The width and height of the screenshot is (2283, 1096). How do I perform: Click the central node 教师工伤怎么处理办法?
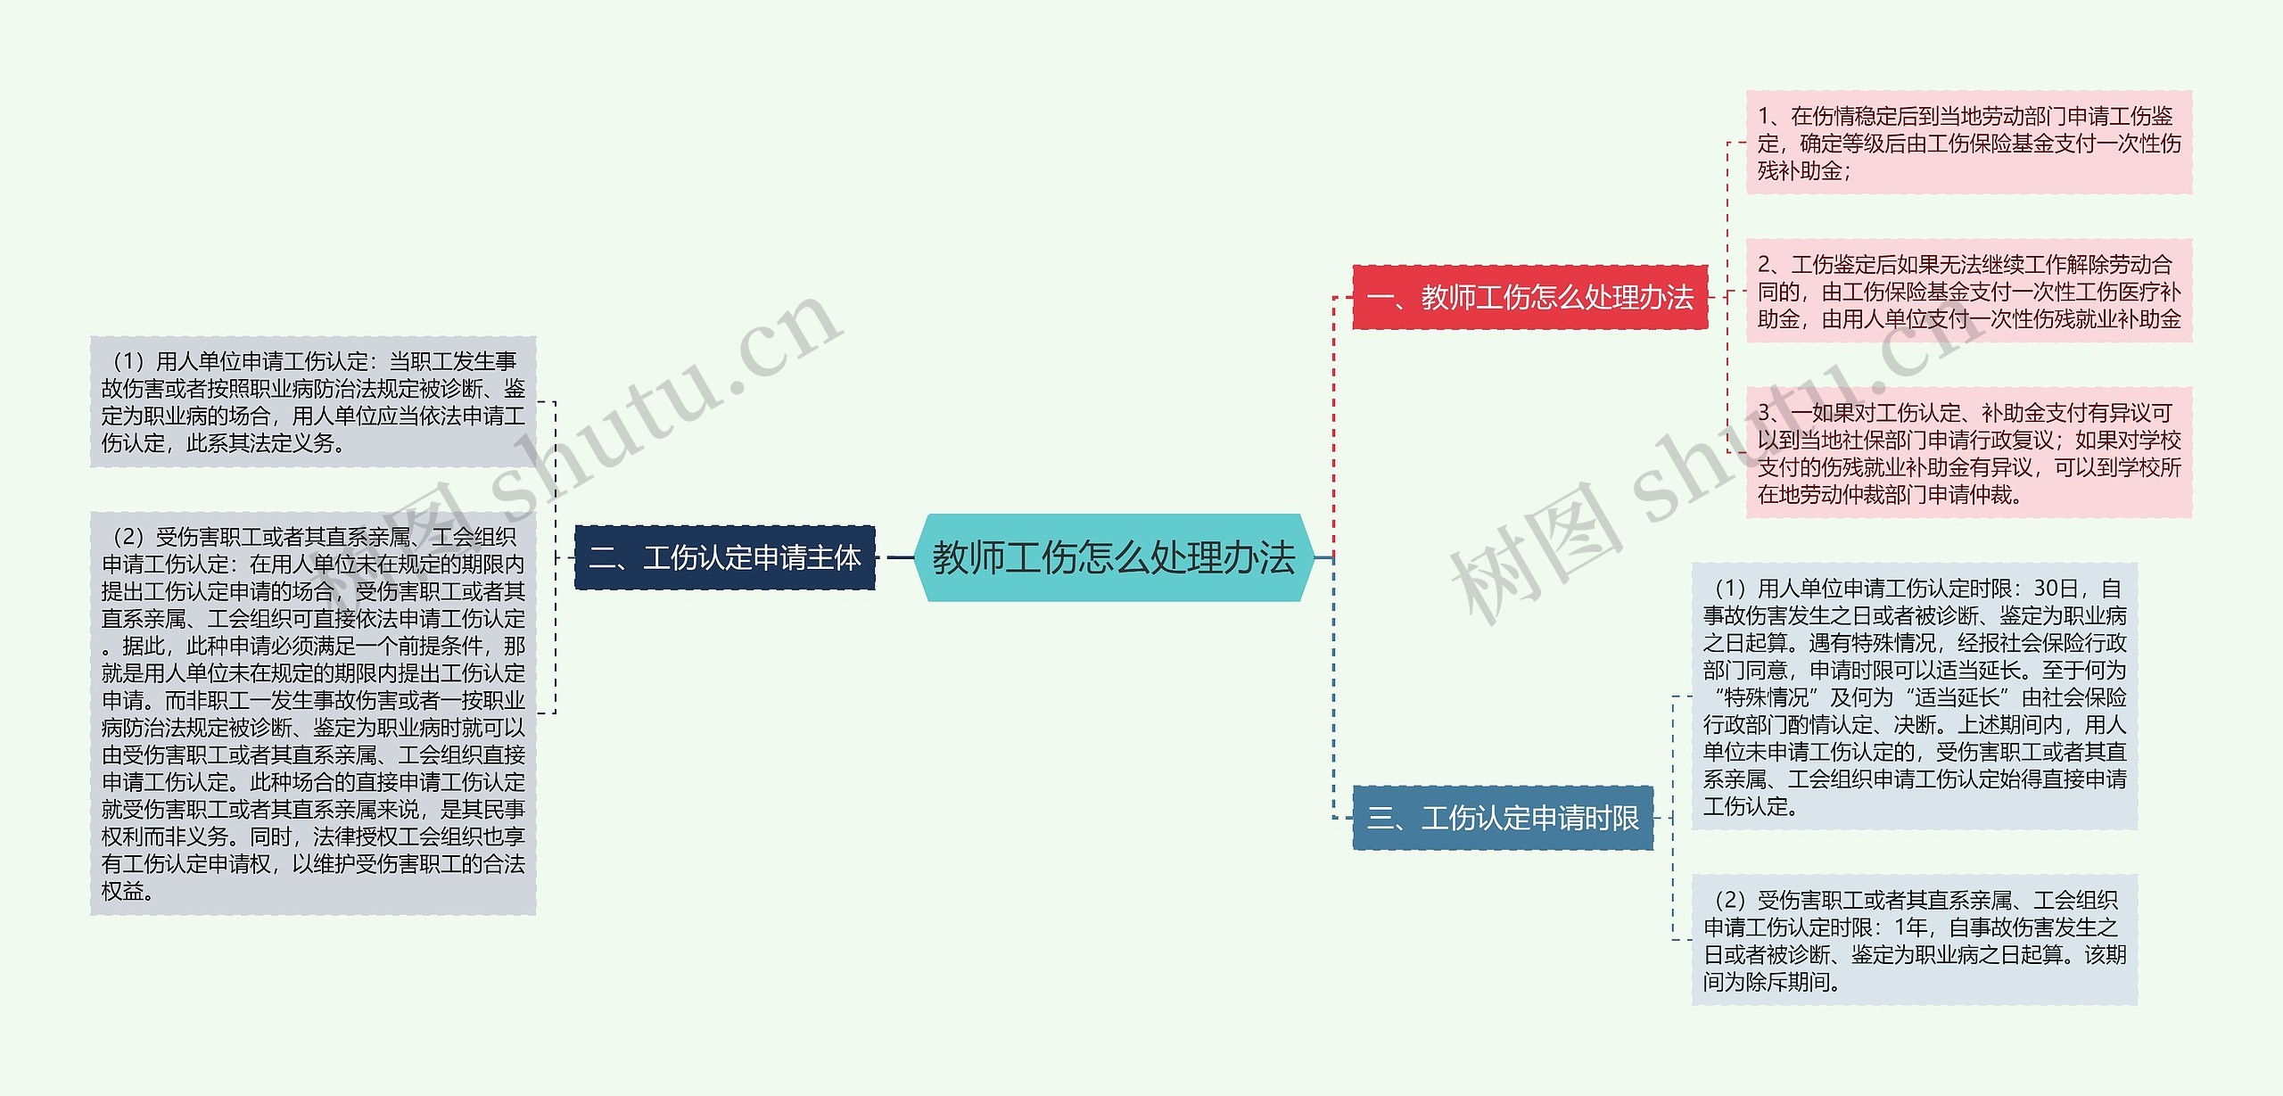coord(1114,558)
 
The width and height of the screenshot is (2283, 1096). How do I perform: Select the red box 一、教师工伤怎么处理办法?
coord(1529,297)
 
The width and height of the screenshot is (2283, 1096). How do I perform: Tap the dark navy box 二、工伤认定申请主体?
coord(724,558)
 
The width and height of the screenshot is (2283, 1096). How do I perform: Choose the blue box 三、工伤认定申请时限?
coord(1503,818)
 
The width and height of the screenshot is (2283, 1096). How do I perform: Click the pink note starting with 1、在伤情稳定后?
coord(1968,143)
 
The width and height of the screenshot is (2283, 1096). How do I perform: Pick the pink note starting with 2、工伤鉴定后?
coord(1968,292)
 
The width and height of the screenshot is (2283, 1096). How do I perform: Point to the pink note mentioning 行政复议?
coord(1968,453)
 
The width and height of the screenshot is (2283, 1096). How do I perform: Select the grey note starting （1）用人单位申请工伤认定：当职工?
coord(312,401)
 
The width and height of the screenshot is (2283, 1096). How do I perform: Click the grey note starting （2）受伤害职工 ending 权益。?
coord(312,713)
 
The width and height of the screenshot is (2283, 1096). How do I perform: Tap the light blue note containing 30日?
coord(1914,696)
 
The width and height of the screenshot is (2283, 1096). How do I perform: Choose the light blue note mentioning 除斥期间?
coord(1914,941)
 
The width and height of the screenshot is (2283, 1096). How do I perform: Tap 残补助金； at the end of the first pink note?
coord(1803,171)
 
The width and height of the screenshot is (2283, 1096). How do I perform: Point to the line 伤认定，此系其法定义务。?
coord(223,443)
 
